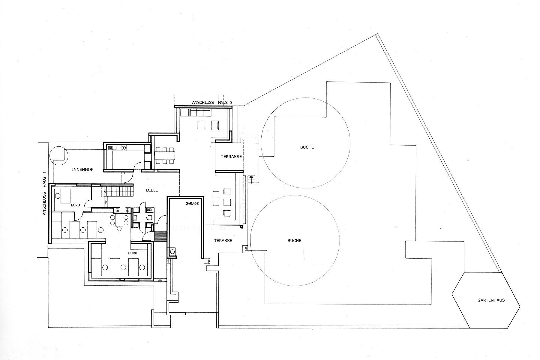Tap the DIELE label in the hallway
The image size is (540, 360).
(x=152, y=190)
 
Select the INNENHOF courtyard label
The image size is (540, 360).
(x=82, y=169)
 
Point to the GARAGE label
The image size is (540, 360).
(x=192, y=203)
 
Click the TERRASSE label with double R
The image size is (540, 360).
(x=231, y=157)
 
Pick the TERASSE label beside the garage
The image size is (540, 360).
(x=223, y=241)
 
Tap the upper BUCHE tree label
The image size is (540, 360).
(x=307, y=147)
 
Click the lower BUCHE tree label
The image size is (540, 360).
(x=294, y=241)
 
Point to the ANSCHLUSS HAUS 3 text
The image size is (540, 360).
(x=212, y=103)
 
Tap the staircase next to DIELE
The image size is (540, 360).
(x=118, y=191)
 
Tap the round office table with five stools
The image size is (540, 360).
(x=119, y=221)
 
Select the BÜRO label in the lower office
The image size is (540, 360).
(x=133, y=253)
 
